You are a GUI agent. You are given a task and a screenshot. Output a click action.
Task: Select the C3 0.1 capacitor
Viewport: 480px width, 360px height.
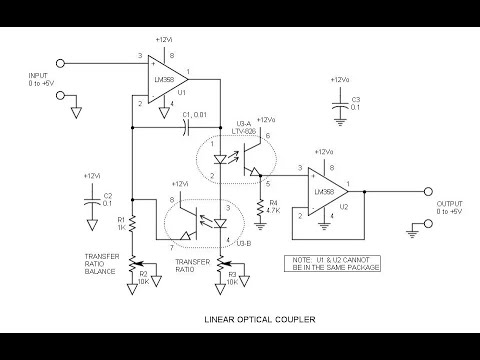click(345, 100)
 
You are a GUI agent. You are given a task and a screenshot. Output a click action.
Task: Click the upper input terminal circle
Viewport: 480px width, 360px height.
click(72, 62)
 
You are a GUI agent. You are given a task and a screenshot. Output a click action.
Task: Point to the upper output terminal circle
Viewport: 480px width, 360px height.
click(428, 188)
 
